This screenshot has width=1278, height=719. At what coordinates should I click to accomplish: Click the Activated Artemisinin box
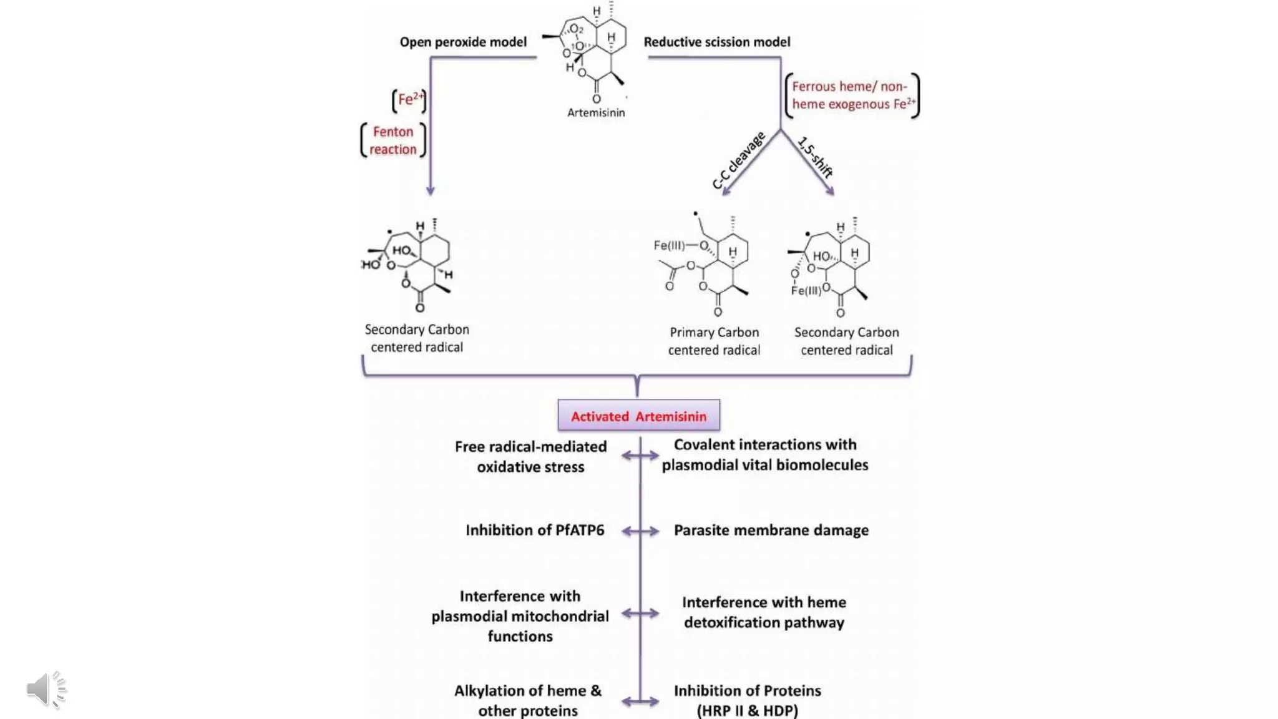[x=638, y=416]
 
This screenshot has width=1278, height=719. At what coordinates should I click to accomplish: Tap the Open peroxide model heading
[x=463, y=42]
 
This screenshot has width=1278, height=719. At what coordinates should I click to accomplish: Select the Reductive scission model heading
[x=716, y=42]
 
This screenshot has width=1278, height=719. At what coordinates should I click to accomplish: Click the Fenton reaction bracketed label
[x=393, y=140]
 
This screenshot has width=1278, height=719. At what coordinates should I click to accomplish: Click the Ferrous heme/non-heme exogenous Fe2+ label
[x=852, y=95]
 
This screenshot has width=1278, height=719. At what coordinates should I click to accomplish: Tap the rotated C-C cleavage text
[x=738, y=160]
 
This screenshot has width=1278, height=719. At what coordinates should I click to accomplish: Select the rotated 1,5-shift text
[x=816, y=157]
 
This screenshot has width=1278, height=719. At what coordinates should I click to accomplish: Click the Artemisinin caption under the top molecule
[x=595, y=112]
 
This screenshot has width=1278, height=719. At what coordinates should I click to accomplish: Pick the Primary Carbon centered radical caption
[x=714, y=341]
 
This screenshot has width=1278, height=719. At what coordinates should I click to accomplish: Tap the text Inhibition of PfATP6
[x=535, y=530]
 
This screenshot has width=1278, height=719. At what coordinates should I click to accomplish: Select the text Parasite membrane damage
[x=771, y=530]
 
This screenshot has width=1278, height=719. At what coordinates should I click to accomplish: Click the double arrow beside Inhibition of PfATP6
[x=640, y=531]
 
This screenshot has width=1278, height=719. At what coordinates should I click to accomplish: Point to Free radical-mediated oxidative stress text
[x=530, y=456]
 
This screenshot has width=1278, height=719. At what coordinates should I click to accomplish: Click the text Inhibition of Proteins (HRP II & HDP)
[x=747, y=700]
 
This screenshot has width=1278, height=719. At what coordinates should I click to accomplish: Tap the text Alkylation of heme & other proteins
[x=528, y=700]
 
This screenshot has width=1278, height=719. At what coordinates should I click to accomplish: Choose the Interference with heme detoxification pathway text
[x=764, y=612]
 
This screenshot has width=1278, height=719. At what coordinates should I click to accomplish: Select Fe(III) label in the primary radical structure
[x=669, y=245]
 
